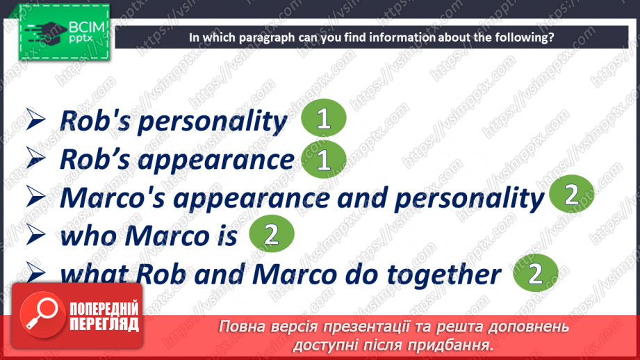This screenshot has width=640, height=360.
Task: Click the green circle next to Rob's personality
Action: pyautogui.click(x=323, y=120)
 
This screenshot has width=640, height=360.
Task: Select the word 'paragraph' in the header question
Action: pyautogui.click(x=264, y=38)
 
